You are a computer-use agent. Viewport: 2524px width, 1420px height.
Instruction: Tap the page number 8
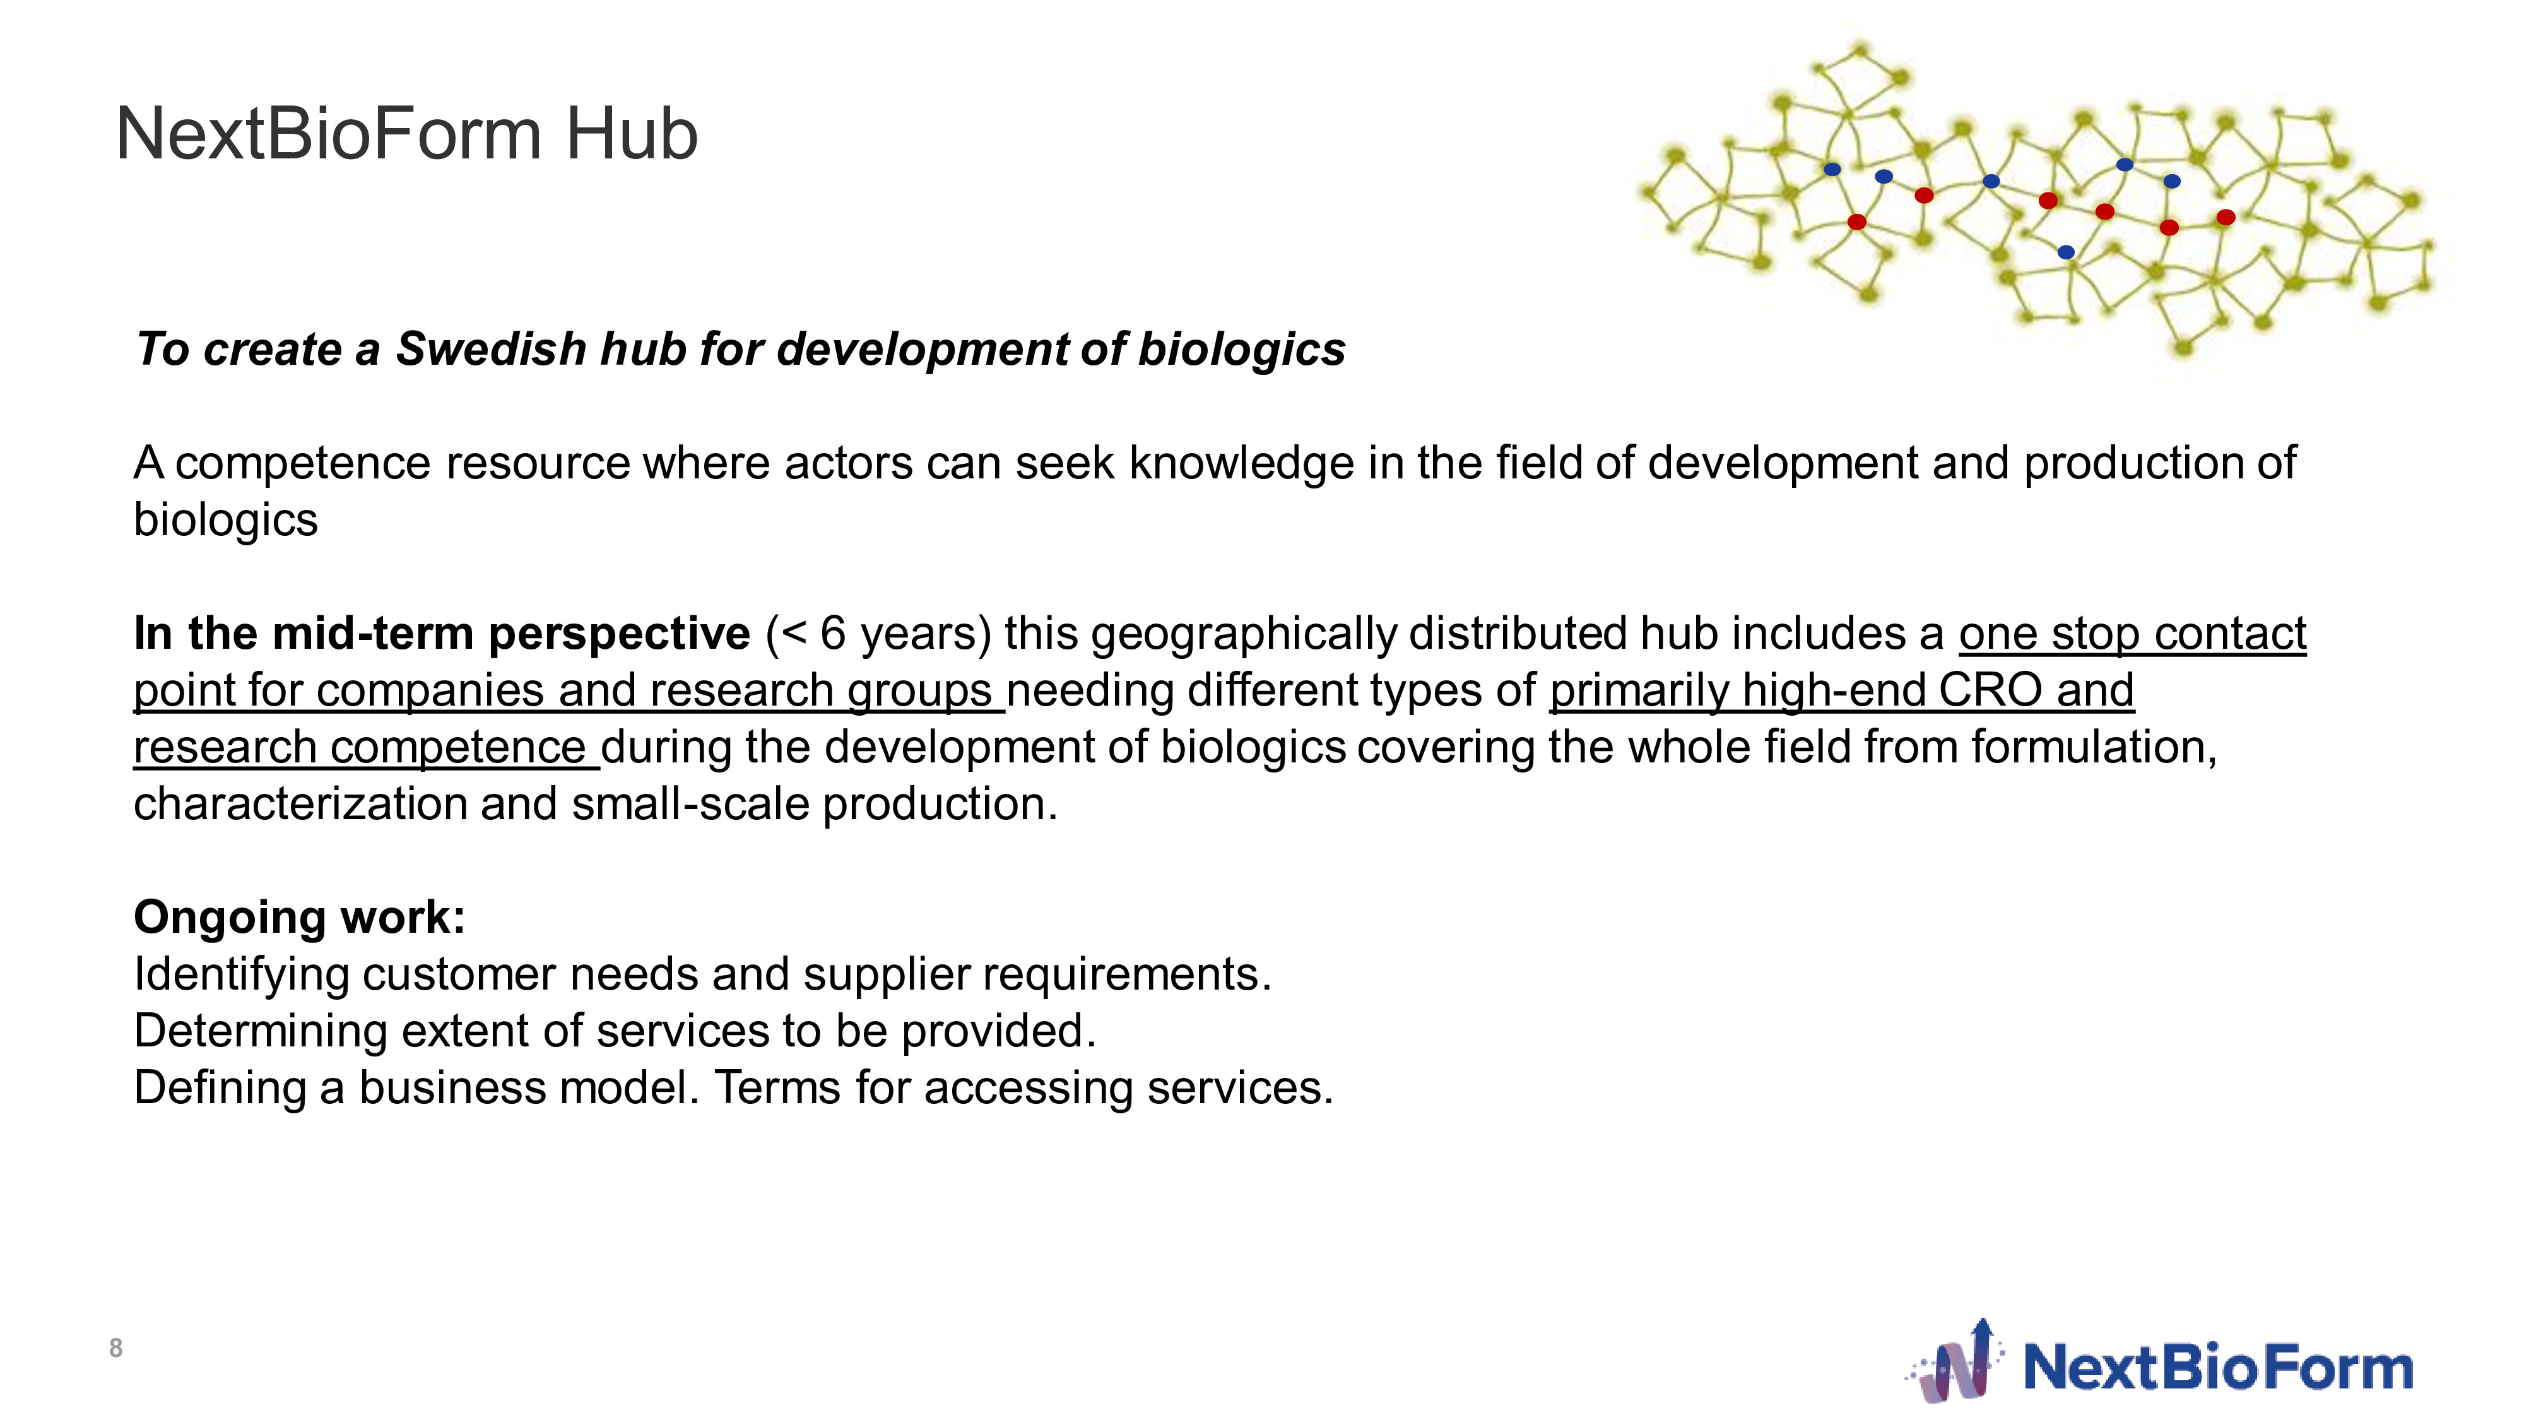(115, 1349)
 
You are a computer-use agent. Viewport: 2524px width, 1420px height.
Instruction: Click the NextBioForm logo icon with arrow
(1955, 1361)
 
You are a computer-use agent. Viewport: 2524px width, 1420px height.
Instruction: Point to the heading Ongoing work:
(300, 918)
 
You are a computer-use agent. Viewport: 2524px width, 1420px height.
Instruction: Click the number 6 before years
(833, 633)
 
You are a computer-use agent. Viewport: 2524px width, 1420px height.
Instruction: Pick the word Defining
(220, 1089)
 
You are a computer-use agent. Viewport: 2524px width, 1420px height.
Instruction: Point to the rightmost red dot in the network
(2226, 218)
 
